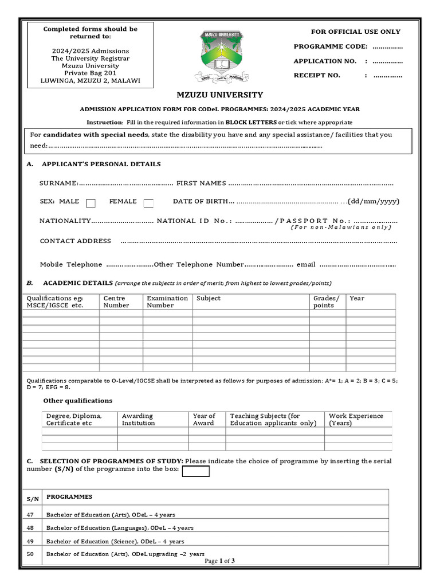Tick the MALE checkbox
click(91, 202)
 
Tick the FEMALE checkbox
click(148, 202)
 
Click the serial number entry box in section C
click(195, 471)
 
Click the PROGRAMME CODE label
click(327, 46)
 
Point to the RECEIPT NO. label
click(317, 75)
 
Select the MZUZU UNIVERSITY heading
click(220, 95)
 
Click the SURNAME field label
click(58, 183)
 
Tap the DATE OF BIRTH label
click(201, 201)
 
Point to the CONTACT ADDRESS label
click(75, 241)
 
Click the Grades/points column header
click(326, 302)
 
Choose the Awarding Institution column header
click(138, 419)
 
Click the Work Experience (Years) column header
click(356, 419)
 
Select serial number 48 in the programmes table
click(31, 528)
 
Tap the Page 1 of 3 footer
click(219, 561)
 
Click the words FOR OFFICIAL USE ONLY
click(355, 32)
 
